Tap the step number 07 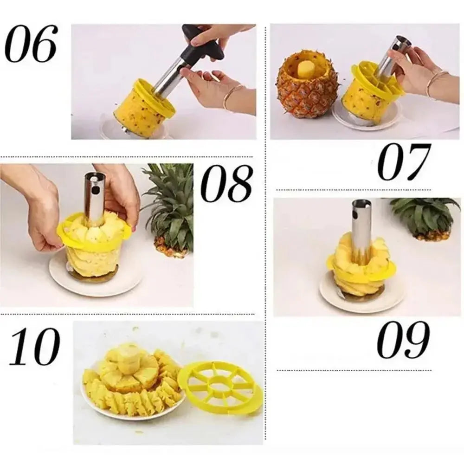pyautogui.click(x=404, y=162)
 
